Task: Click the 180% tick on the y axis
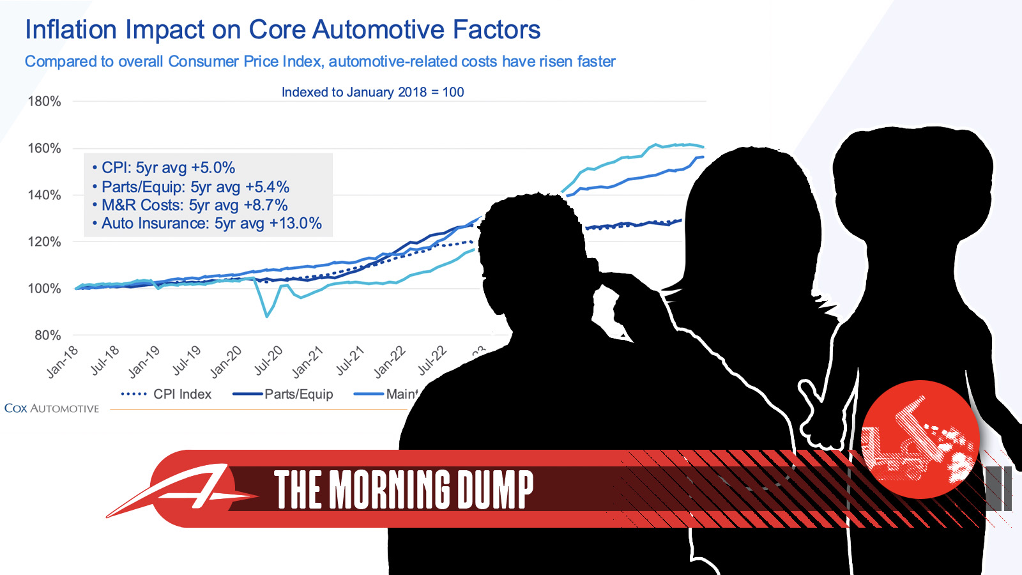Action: tap(44, 102)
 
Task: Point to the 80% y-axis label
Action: tap(47, 335)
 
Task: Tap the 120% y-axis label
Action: tap(44, 242)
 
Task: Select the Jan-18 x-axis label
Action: tap(63, 362)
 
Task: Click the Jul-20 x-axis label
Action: tap(268, 361)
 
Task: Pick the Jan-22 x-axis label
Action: tap(390, 362)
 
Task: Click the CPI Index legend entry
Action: tap(167, 394)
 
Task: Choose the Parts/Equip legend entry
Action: tap(284, 394)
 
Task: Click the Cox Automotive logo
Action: tap(52, 408)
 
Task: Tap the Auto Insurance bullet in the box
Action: tap(211, 224)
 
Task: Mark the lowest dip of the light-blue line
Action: tap(267, 316)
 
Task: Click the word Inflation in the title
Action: tap(71, 30)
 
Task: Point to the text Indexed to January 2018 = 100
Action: tap(372, 92)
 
